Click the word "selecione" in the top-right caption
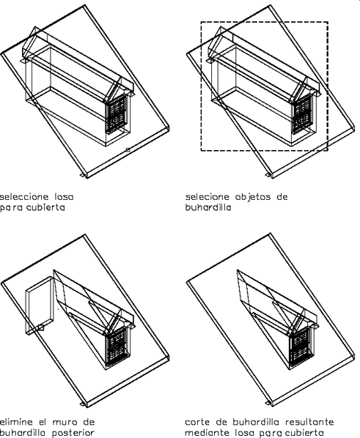pos(207,197)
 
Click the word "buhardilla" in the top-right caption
pos(208,207)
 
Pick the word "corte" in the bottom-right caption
pos(197,422)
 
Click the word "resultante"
pos(309,421)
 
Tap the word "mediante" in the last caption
pos(204,433)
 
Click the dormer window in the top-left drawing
pos(116,114)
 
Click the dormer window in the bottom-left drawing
pos(117,345)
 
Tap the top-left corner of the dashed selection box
pos(201,22)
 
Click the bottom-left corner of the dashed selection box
pos(201,151)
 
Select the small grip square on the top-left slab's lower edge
pos(128,149)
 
